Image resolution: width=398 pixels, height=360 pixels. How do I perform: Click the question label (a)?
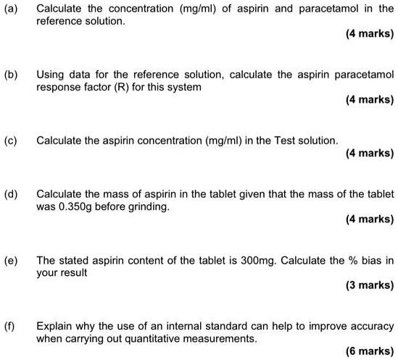click(x=10, y=9)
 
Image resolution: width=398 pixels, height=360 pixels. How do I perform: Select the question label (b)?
click(x=10, y=75)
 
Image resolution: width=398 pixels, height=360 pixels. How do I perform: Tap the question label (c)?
click(x=10, y=140)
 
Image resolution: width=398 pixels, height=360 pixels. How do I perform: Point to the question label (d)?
click(x=10, y=195)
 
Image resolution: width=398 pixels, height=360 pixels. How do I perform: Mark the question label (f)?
click(x=10, y=325)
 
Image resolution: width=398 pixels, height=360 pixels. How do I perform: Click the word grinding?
click(x=150, y=206)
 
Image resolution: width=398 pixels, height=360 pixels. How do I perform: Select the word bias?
click(x=370, y=260)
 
